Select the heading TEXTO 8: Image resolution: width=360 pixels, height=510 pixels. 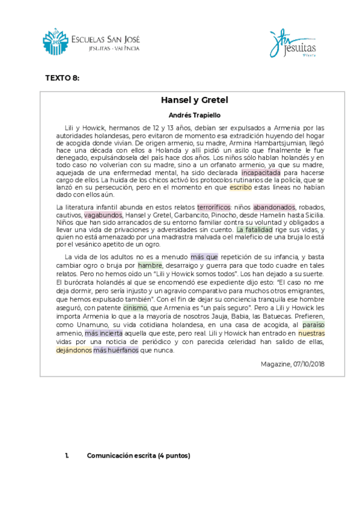(63, 78)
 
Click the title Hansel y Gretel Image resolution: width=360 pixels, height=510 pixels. (194, 100)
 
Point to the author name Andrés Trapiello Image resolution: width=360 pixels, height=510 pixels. (194, 115)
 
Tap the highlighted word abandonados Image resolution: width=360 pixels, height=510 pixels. (275, 207)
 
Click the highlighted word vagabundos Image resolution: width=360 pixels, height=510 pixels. (103, 215)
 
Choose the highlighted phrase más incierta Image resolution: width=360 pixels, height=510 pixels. (104, 333)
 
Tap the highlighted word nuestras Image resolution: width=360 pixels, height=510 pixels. (311, 333)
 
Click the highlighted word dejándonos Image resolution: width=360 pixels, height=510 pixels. (74, 349)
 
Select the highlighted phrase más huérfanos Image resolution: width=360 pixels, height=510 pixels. (116, 349)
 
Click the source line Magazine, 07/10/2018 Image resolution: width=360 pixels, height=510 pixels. (293, 364)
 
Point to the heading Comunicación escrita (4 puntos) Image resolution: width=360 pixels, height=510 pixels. (138, 456)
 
